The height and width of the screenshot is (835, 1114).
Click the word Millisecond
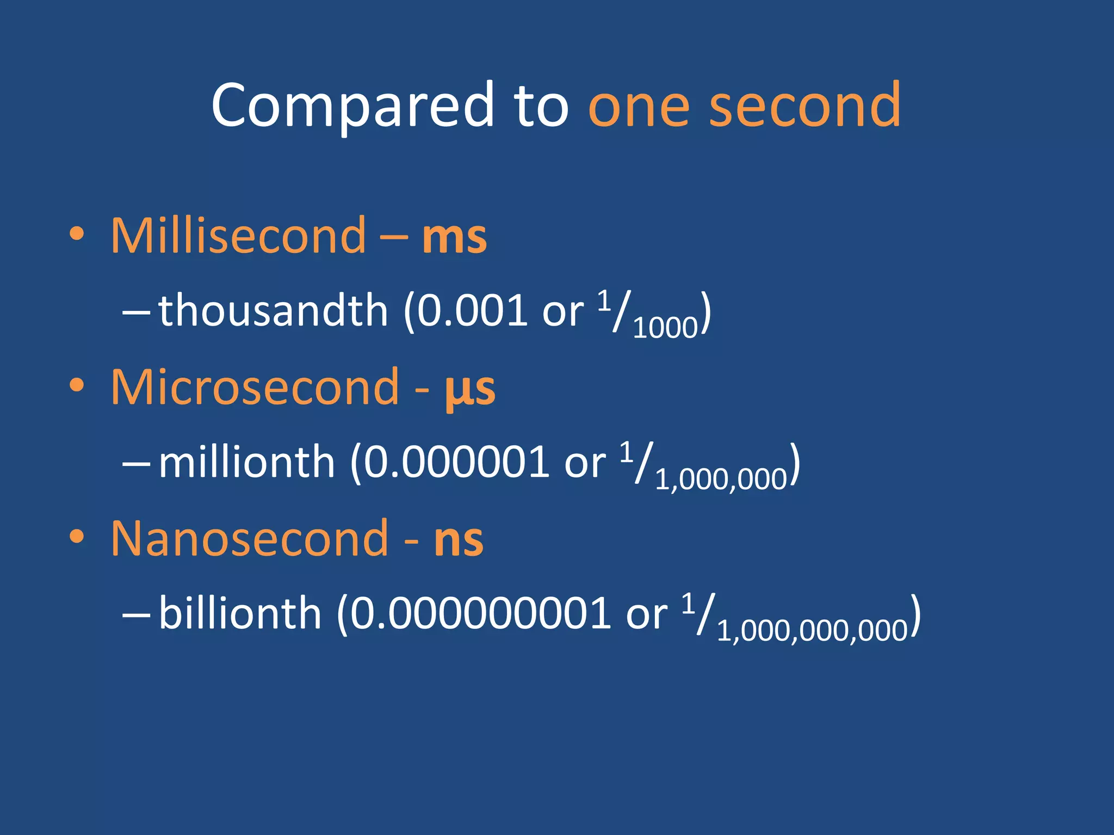pyautogui.click(x=238, y=236)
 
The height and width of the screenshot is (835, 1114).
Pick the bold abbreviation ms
pyautogui.click(x=454, y=238)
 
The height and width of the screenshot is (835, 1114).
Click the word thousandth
pyautogui.click(x=273, y=310)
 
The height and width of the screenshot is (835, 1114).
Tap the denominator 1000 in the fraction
pyautogui.click(x=665, y=328)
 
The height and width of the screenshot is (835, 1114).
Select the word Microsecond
pyautogui.click(x=255, y=387)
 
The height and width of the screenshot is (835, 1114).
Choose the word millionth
pyautogui.click(x=246, y=463)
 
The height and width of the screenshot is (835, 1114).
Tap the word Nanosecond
pyautogui.click(x=250, y=539)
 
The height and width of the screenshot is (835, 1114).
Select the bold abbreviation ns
pyautogui.click(x=459, y=541)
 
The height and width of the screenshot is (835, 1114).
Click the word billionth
pyautogui.click(x=240, y=613)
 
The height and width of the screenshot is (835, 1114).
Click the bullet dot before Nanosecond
pyautogui.click(x=77, y=537)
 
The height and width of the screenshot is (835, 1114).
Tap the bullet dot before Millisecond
pyautogui.click(x=77, y=234)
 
